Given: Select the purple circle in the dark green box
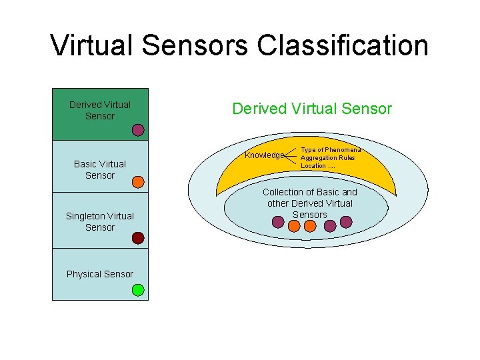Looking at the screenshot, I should point(138,130).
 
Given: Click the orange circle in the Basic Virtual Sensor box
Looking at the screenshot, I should point(138,181).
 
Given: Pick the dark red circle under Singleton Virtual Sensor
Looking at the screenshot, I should point(138,237).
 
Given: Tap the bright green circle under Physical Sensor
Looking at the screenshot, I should point(138,290).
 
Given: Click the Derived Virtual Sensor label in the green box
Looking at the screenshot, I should point(100,110).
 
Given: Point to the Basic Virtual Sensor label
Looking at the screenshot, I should point(100,169).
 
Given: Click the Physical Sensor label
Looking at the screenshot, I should point(100,274).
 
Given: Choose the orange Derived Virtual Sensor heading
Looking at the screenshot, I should point(312,109).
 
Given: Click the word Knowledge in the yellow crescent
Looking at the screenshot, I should point(264,155).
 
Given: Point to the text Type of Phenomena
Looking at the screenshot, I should point(331,150).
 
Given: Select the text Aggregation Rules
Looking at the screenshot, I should point(327,158).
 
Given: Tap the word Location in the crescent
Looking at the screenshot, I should point(313,166).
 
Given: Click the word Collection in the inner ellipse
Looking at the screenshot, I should point(284,192).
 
